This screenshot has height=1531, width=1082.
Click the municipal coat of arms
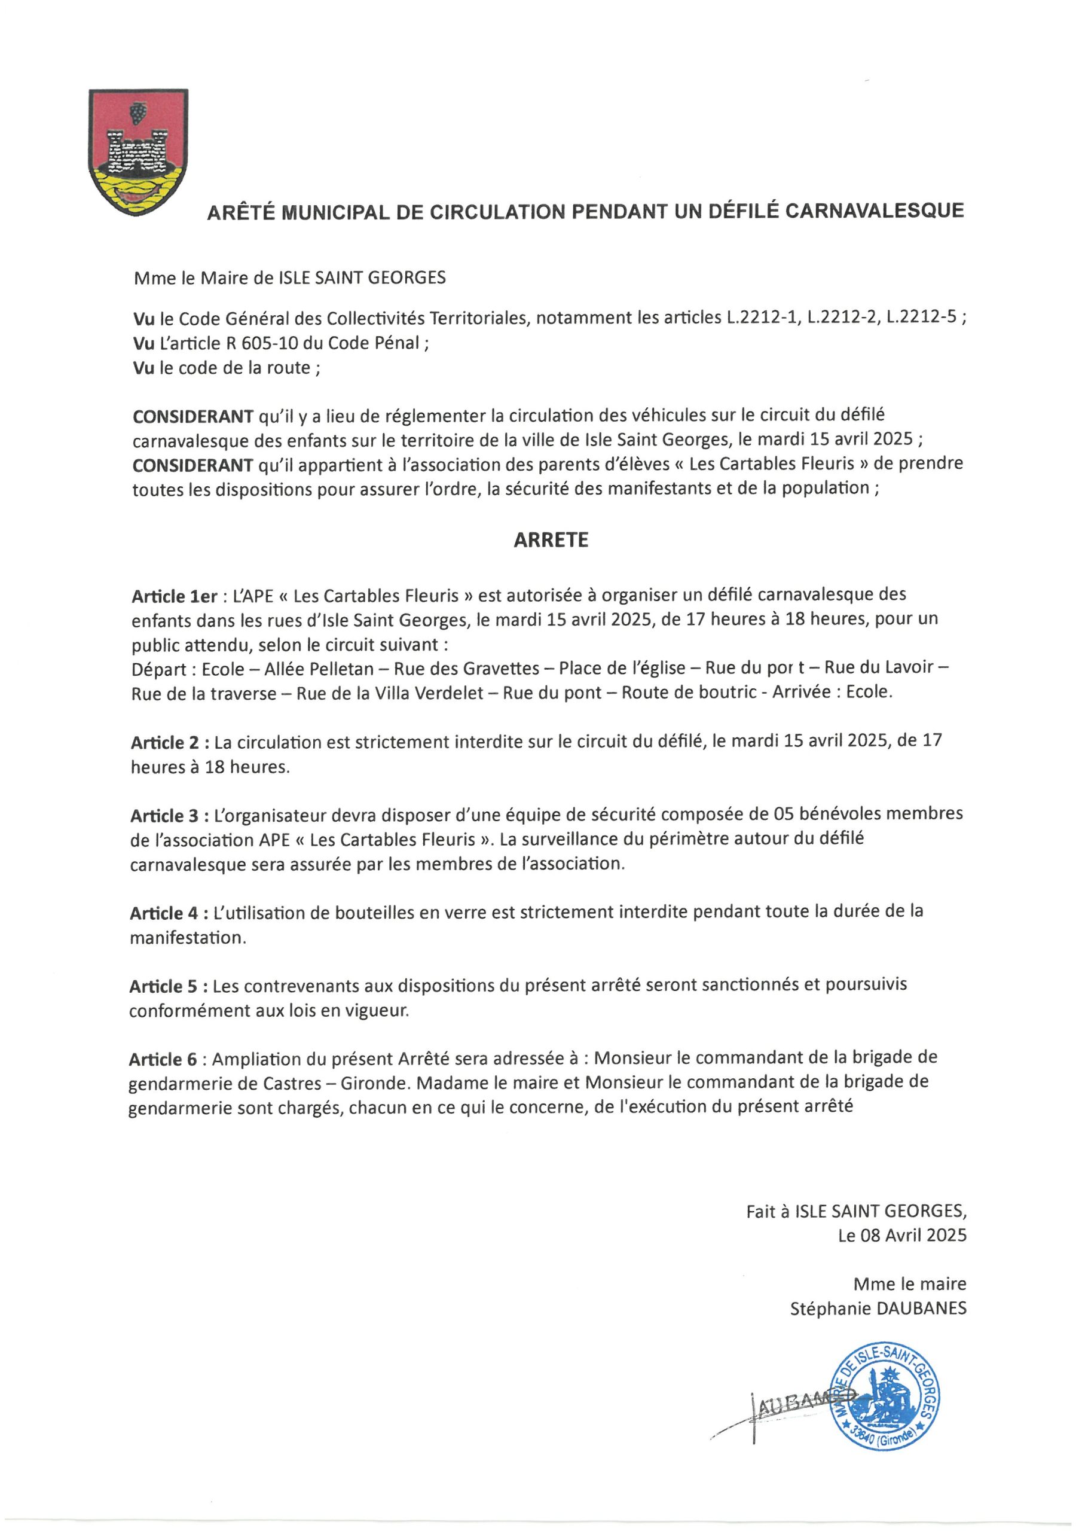[x=138, y=151]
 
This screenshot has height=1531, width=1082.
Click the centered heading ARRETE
[x=551, y=540]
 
